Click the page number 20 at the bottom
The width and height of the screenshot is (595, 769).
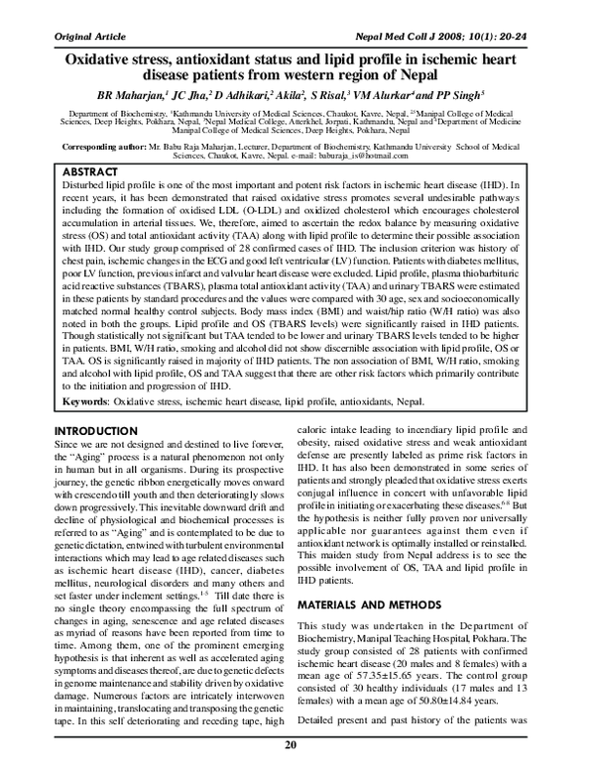[291, 745]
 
